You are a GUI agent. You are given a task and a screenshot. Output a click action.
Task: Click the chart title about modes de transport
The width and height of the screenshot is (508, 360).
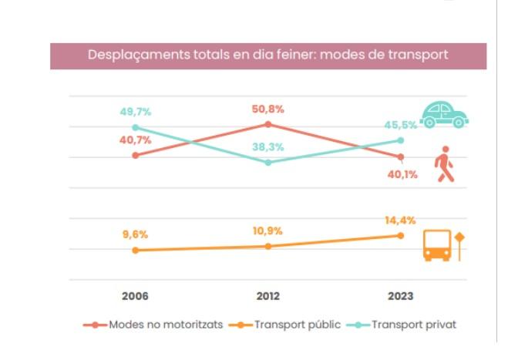pos(268,56)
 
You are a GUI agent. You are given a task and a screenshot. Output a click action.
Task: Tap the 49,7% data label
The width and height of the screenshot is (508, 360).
pos(135,113)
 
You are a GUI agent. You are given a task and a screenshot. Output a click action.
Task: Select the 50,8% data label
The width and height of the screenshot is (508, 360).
pos(267,109)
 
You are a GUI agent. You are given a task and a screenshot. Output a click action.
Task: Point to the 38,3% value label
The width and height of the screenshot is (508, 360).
pos(267,146)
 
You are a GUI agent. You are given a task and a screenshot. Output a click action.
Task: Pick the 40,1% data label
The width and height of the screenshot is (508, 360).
pos(402,174)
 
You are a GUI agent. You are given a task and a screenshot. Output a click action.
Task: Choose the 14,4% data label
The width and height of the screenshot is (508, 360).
pos(401,220)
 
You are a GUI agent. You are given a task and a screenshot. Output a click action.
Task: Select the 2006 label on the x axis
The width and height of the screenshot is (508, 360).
pos(135,296)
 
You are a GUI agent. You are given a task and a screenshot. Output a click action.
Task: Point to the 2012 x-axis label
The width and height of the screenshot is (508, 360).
pos(267,296)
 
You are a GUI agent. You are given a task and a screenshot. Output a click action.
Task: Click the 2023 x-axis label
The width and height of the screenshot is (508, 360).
pos(401,296)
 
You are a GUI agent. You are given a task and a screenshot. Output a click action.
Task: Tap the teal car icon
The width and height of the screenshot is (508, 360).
pos(445,114)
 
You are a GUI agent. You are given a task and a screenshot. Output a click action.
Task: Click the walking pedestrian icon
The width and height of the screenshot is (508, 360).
pos(444,163)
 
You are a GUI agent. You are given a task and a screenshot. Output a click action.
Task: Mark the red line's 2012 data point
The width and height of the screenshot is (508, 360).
pos(267,123)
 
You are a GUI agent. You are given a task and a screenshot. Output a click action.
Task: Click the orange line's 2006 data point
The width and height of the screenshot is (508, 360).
pos(135,251)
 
